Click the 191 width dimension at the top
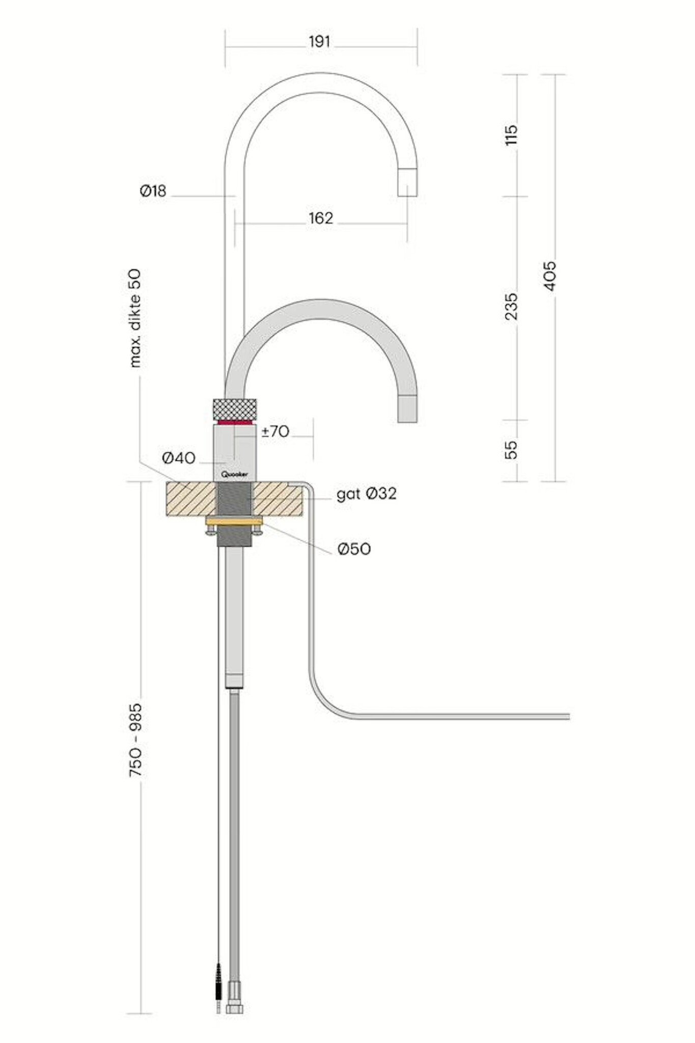point(319,42)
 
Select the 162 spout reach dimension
point(321,218)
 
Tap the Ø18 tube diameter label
point(153,191)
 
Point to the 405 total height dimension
point(550,276)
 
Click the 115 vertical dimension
point(511,134)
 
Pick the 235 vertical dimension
point(511,306)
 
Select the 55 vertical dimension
point(511,450)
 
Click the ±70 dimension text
point(275,431)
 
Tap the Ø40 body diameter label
point(179,458)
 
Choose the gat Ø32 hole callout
point(366,493)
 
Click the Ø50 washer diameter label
point(354,549)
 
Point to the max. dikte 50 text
point(135,318)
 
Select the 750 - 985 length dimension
point(135,740)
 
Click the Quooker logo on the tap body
point(235,474)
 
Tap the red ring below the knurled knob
point(235,422)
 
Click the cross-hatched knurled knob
point(235,408)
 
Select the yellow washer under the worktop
point(234,520)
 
